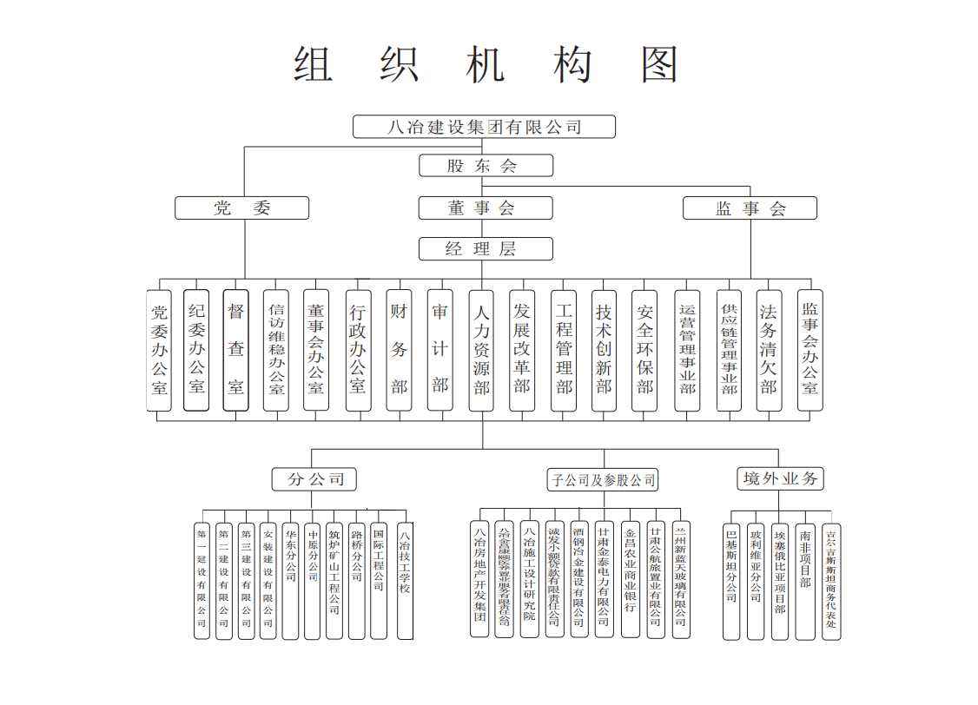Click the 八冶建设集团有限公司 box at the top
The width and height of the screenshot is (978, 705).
click(484, 127)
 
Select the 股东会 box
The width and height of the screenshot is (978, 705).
click(486, 165)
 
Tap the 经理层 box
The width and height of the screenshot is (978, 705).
click(486, 249)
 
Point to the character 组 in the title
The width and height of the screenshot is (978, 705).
click(314, 65)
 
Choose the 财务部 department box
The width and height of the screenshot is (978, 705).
click(399, 349)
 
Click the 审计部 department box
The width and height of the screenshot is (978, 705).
click(439, 349)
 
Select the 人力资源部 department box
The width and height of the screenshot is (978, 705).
click(481, 349)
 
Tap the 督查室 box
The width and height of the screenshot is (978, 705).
click(235, 349)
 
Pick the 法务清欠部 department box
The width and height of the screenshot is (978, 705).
click(769, 349)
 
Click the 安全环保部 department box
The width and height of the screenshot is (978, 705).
click(644, 349)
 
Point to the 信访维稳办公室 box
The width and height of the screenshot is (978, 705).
click(276, 349)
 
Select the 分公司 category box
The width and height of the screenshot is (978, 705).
click(314, 478)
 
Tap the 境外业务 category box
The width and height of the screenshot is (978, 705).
click(779, 478)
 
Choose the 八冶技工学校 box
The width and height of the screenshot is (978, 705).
click(405, 580)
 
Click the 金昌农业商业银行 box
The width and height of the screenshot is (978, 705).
click(631, 580)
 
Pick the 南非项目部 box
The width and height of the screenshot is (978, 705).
click(806, 580)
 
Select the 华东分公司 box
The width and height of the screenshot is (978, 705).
click(291, 580)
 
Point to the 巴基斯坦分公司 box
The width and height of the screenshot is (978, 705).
click(731, 580)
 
